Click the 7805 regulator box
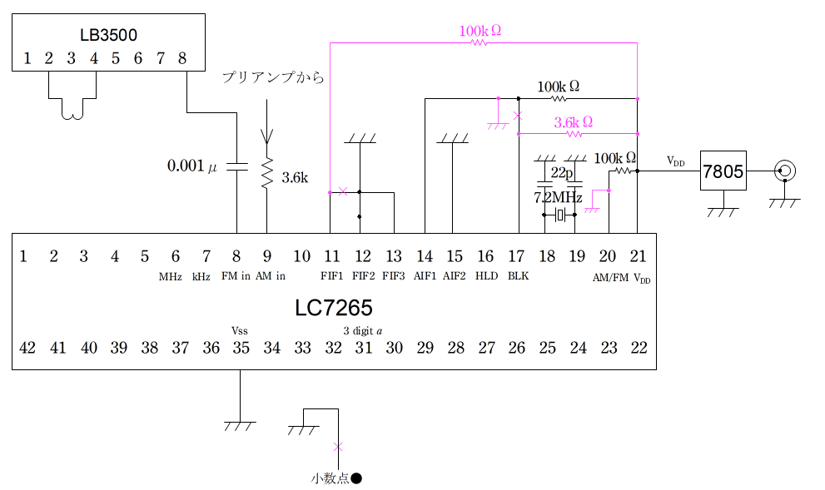tap(723, 171)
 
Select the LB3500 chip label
tap(108, 36)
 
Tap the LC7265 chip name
tap(333, 308)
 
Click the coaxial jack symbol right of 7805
tap(783, 171)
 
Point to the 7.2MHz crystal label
tap(558, 198)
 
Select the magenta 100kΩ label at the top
tap(480, 32)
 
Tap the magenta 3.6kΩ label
tap(574, 122)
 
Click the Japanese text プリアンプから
tap(272, 77)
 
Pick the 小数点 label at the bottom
tap(330, 478)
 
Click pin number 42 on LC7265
tap(27, 348)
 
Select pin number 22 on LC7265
tap(639, 348)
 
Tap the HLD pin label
tap(486, 276)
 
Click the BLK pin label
tap(518, 276)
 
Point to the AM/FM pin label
tap(610, 278)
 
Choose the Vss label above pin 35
tap(241, 329)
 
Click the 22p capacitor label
tap(563, 172)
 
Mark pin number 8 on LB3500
tap(182, 58)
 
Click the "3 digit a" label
tap(362, 329)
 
